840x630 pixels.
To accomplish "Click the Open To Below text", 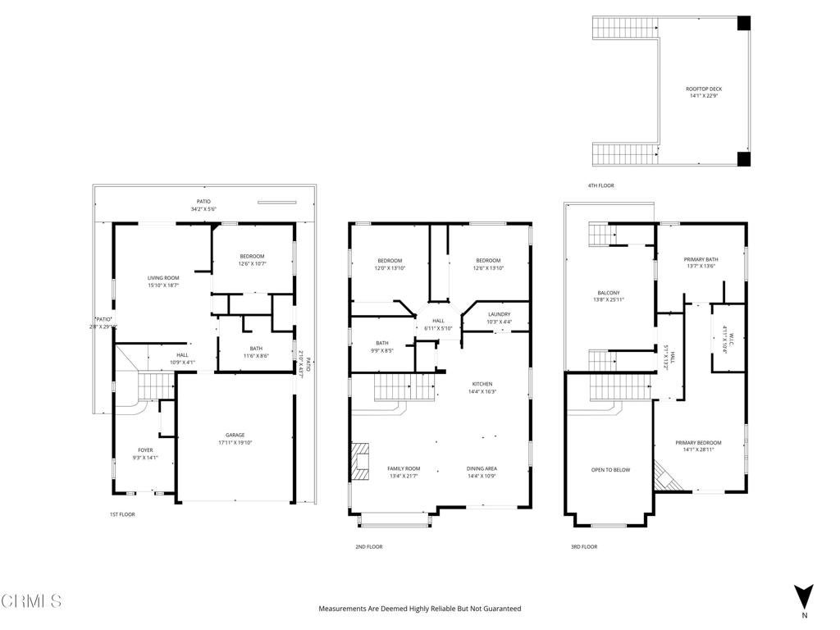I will pyautogui.click(x=610, y=470).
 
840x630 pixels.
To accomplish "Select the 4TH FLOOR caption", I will pyautogui.click(x=600, y=186).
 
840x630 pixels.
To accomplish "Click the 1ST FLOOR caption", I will pyautogui.click(x=122, y=514).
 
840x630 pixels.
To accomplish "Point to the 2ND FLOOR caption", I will pyautogui.click(x=368, y=546).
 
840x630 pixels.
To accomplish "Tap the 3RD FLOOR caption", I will pyautogui.click(x=584, y=546).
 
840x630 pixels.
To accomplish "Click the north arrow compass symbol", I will pyautogui.click(x=804, y=596).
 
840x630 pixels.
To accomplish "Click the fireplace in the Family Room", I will pyautogui.click(x=360, y=460).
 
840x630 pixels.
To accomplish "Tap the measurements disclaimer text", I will pyautogui.click(x=419, y=609).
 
